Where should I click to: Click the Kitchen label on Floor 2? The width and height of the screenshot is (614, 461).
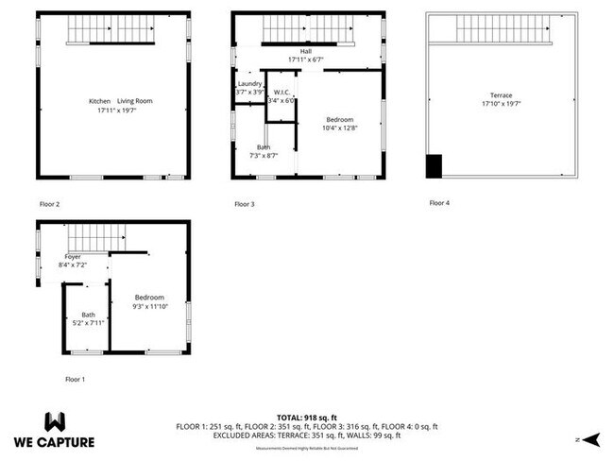pos(99,101)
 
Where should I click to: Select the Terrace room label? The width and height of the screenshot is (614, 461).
pos(501,95)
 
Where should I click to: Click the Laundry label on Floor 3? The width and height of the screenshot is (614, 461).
pos(250,84)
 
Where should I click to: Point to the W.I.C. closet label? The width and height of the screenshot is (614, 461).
pos(281,93)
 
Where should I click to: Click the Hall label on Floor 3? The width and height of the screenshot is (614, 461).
pos(305,51)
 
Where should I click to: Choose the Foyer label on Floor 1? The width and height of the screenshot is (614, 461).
pos(73,257)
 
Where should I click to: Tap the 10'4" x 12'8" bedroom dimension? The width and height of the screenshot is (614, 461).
pos(339,128)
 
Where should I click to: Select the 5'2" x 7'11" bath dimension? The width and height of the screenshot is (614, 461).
pos(88,323)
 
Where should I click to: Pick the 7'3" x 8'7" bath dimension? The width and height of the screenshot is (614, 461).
pos(264,155)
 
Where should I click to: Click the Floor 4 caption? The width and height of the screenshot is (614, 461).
pos(439,203)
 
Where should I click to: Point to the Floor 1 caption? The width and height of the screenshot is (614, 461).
pos(75,379)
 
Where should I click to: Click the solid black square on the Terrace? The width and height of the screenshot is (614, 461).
pos(435,166)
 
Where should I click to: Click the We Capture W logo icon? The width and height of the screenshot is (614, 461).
pos(55,420)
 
